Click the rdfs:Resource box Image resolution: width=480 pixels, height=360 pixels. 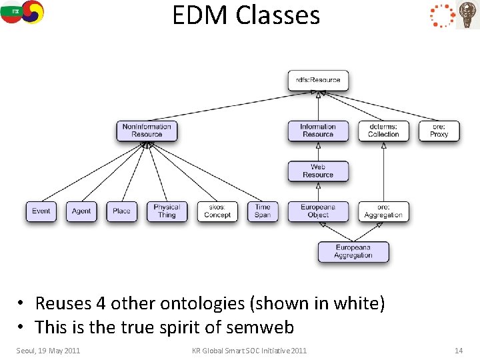318,81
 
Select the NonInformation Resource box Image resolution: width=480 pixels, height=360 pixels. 147,131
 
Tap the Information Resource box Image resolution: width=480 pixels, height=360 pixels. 318,131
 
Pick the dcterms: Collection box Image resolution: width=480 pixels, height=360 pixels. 383,131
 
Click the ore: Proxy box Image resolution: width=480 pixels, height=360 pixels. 439,131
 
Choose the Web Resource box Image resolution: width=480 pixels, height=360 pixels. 318,171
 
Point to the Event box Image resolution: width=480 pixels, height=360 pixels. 41,211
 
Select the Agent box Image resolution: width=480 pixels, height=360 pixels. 81,211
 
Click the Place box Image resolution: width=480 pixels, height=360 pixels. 121,211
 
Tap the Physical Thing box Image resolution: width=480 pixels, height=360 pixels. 167,211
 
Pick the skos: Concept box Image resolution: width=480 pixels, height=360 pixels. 217,211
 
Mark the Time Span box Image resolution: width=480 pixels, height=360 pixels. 263,211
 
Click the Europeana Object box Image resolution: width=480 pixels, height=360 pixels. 318,211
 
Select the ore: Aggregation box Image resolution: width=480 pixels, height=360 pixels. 383,211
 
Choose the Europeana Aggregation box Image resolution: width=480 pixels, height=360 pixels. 353,252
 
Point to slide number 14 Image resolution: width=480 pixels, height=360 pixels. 458,351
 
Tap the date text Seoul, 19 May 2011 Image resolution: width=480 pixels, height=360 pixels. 48,351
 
